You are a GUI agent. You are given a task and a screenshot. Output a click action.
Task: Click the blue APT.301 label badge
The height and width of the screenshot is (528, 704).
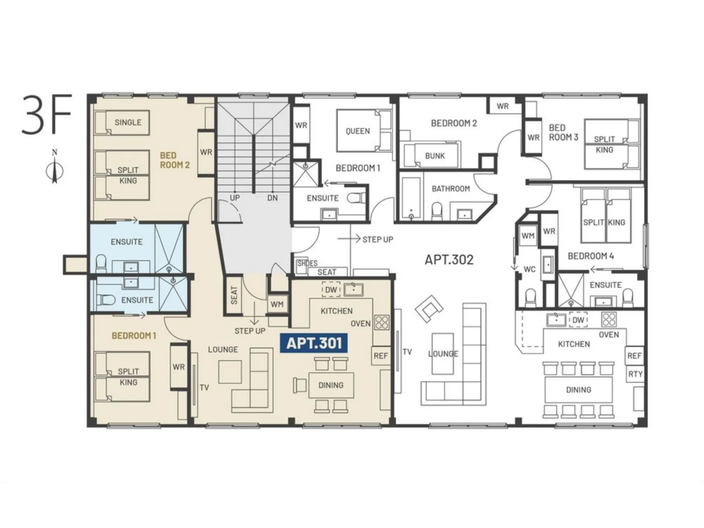pos(314,343)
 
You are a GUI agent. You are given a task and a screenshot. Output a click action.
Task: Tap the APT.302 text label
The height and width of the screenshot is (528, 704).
pos(449,259)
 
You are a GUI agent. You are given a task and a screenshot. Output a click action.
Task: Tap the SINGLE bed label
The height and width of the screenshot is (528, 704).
pos(128,122)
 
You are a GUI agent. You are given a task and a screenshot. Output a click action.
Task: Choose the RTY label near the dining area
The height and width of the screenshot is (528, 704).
pos(635,374)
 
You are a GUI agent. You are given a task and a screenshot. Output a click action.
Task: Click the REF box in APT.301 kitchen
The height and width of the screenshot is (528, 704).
pos(381,356)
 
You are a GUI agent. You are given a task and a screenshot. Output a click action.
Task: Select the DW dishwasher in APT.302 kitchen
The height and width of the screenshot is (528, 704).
pos(579,320)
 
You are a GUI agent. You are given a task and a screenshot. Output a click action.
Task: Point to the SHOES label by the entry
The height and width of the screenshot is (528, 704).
pos(307,263)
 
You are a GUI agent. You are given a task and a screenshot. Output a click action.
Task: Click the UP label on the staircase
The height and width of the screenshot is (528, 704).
pos(235,198)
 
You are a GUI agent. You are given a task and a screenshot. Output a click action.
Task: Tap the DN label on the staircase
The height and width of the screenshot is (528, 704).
pos(272,198)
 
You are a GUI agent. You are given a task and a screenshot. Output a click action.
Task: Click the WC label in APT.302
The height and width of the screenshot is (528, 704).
pos(529,269)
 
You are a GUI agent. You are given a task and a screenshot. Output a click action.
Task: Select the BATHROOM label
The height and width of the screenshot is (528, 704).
pos(451,189)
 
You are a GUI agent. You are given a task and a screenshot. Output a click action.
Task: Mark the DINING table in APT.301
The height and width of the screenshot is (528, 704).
pos(331,385)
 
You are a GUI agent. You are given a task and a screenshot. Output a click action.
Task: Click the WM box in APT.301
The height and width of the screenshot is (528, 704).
pos(277,304)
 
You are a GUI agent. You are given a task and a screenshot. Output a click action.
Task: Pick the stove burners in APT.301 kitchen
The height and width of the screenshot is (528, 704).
pos(382,323)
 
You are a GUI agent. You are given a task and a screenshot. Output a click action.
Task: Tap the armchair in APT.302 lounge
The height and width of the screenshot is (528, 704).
pos(429,308)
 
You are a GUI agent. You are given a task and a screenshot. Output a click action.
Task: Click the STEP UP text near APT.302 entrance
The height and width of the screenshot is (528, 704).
pos(378,239)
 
